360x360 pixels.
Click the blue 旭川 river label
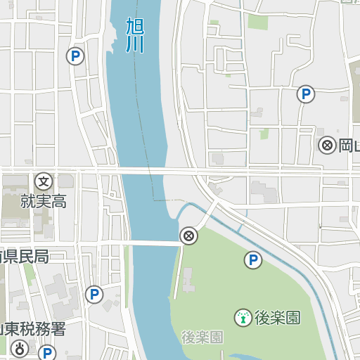pos(134,36)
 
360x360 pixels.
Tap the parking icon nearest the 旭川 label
pos(75,56)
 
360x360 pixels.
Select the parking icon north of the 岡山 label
pos(305,94)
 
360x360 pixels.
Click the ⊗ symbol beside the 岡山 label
pos(327,146)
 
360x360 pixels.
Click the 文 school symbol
pos(44,181)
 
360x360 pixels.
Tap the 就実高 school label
pos(44,202)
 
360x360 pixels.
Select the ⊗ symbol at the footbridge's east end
pos(188,236)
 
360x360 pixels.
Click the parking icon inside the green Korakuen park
pos(253,261)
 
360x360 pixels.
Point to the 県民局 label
pos(25,256)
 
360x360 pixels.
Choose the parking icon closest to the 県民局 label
pos(94,294)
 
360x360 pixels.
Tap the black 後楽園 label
pos(277,318)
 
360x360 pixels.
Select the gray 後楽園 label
pos(202,337)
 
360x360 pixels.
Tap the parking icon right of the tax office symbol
pos(47,352)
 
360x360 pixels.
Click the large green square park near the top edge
pos(257,22)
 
